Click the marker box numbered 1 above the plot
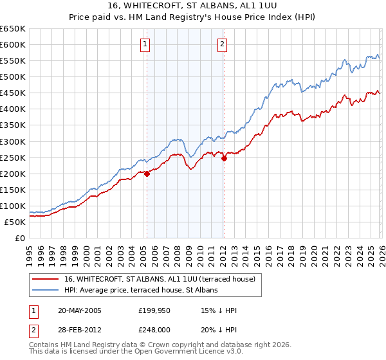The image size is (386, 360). pyautogui.click(x=145, y=44)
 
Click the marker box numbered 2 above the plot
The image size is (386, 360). pyautogui.click(x=222, y=44)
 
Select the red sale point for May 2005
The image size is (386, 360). pyautogui.click(x=147, y=173)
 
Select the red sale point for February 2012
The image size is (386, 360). pyautogui.click(x=224, y=157)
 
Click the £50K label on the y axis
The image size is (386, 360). pyautogui.click(x=15, y=222)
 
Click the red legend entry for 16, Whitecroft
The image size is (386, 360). pyautogui.click(x=160, y=279)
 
